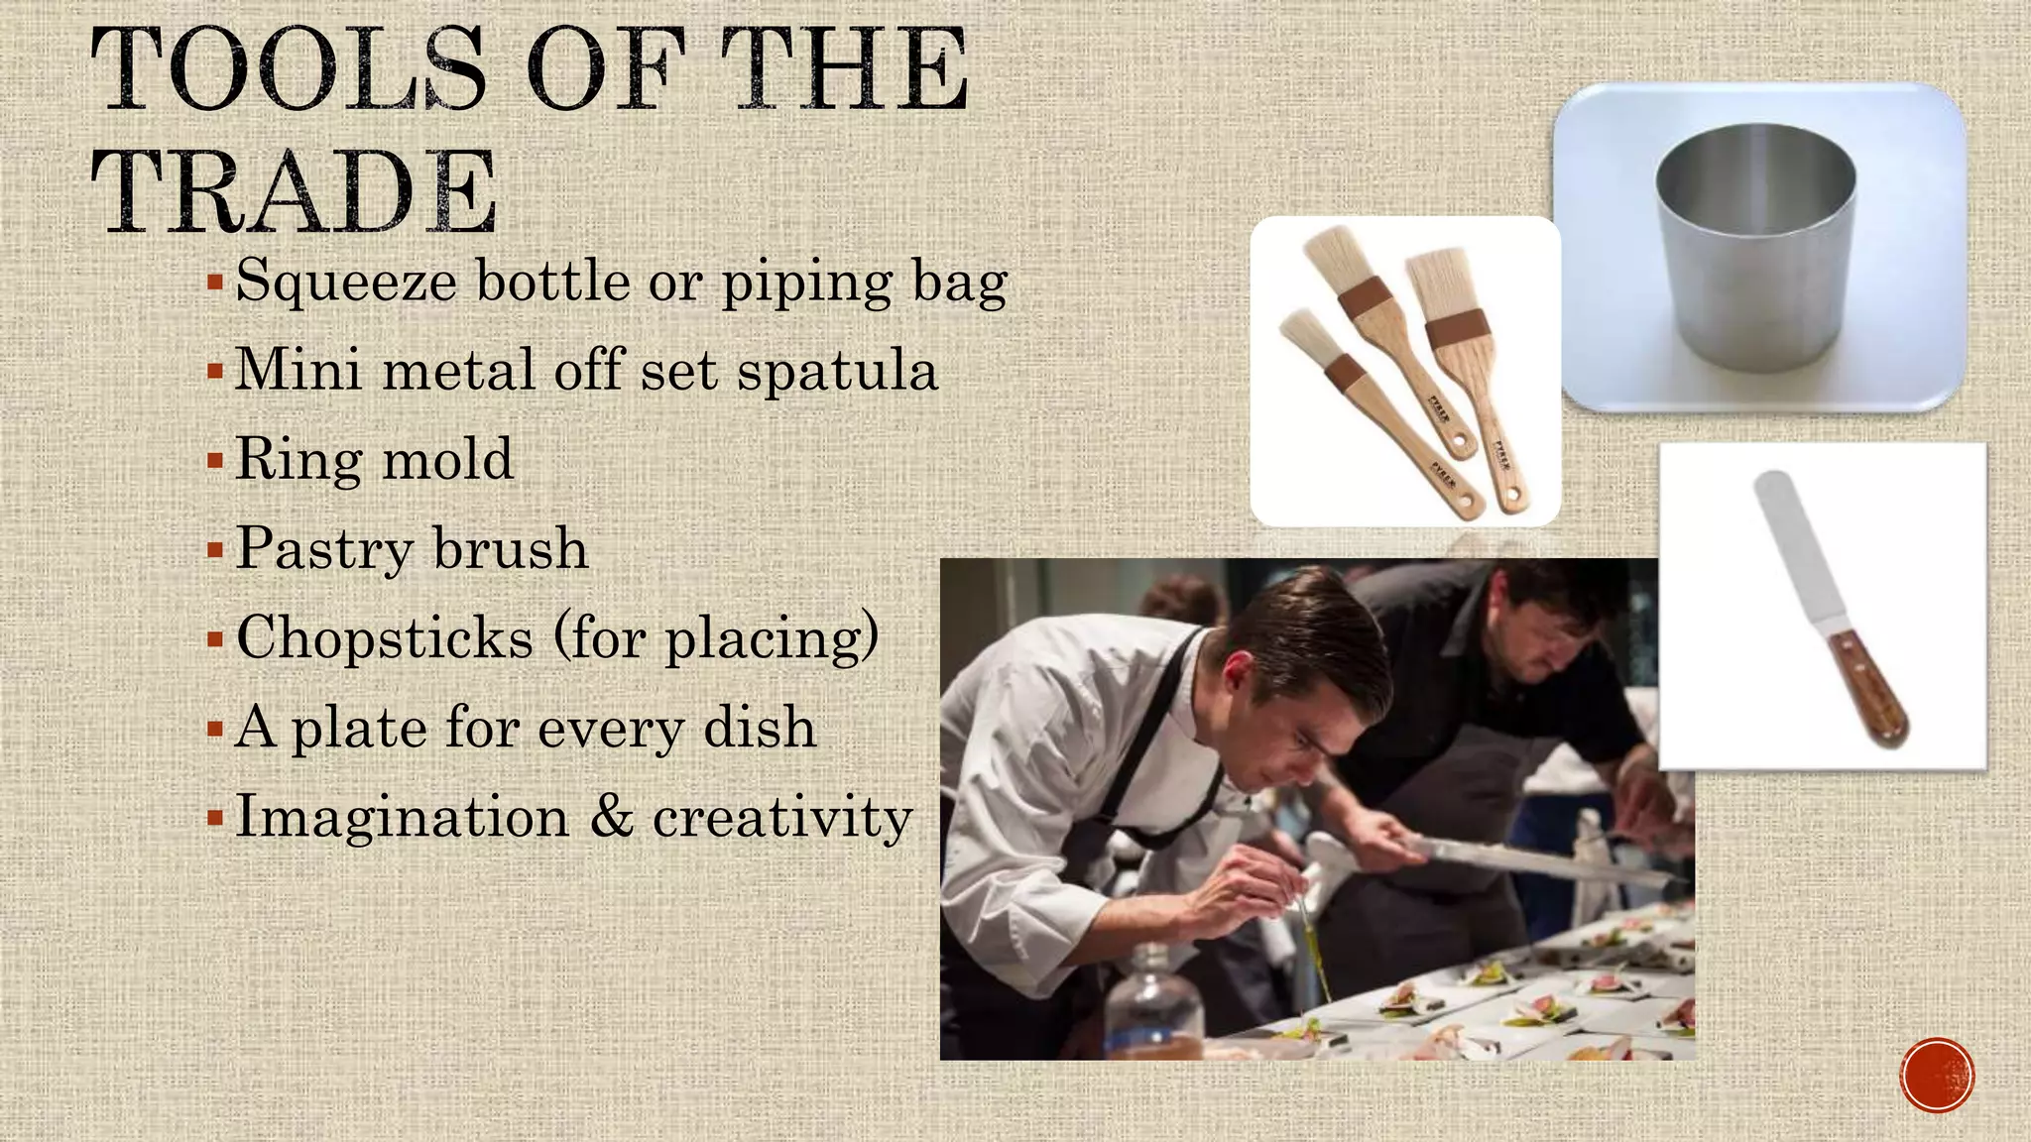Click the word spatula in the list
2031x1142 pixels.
pos(837,372)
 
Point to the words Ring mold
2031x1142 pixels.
pos(374,460)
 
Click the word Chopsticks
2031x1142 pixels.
pos(385,637)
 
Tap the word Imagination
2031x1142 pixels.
pos(402,817)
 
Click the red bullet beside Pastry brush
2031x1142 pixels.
pos(215,549)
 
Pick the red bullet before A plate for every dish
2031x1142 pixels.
pos(215,730)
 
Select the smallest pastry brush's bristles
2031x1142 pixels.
pos(1300,331)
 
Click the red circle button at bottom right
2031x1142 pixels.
pos(1937,1076)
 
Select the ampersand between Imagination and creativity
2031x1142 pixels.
pos(611,817)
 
